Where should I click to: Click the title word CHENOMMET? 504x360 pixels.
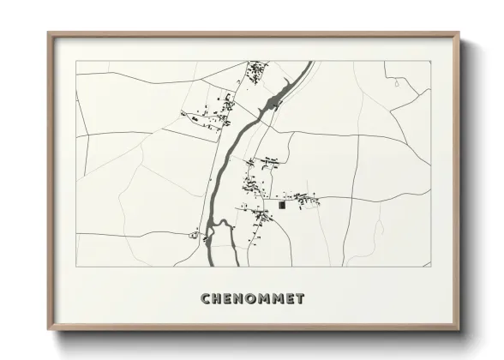(x=252, y=299)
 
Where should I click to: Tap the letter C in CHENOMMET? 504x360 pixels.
(x=206, y=299)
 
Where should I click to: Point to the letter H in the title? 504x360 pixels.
(x=217, y=299)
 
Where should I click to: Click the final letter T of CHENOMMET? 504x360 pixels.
(x=299, y=299)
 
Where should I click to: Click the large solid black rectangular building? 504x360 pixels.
(x=282, y=206)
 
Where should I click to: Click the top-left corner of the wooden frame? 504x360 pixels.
(x=49, y=33)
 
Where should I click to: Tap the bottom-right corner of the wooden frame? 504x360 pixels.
(x=459, y=329)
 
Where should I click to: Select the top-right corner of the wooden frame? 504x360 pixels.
(x=459, y=33)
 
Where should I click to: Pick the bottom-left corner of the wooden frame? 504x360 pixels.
(x=49, y=329)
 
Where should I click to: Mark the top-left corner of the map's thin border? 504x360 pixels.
(x=76, y=61)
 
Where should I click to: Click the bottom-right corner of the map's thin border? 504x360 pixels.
(x=430, y=266)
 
